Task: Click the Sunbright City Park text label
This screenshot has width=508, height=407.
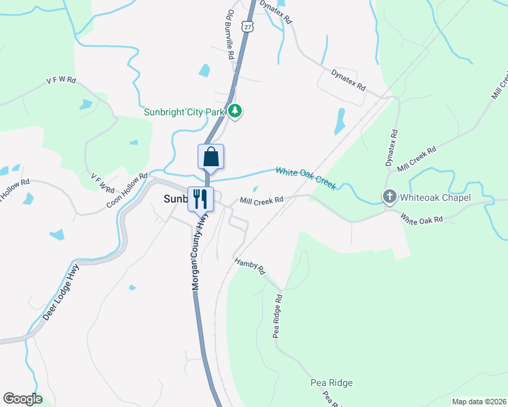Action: coord(185,112)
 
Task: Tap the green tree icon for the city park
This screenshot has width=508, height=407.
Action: coord(235,110)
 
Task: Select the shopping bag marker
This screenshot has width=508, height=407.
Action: coord(211,157)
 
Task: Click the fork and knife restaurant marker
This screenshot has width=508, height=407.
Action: coord(200,199)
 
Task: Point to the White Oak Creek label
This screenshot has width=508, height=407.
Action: coord(306,178)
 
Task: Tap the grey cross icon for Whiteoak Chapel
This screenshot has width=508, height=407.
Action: coord(390,197)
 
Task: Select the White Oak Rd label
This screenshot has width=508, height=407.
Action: coord(421,218)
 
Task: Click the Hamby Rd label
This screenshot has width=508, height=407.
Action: coord(250,266)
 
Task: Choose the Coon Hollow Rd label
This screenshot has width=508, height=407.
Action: coord(126,191)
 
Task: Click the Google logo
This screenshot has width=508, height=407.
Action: coord(22,399)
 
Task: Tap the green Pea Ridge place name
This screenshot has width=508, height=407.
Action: coord(331,383)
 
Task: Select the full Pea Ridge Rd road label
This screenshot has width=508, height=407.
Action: coord(277,316)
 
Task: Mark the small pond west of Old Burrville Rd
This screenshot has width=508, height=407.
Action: coord(204,70)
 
